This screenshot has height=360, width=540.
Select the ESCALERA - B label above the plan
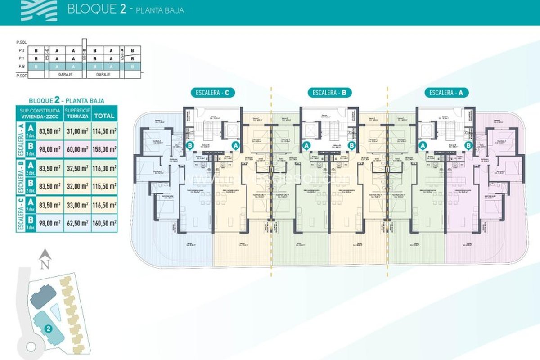coord(329,93)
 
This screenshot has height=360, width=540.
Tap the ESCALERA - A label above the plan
coord(446,93)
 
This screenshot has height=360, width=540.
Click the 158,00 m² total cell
coord(103,149)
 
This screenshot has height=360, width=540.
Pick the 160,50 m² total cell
coord(103,222)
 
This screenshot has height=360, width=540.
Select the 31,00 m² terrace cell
coord(76,131)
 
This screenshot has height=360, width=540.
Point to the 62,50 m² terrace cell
coord(76,222)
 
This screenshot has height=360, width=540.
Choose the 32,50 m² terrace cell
coord(76,168)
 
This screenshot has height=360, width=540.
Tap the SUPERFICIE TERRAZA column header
coord(76,113)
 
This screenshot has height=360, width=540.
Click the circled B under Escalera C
coord(190,145)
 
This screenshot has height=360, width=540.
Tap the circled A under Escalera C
coord(235,145)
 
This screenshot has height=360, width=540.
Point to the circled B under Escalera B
coord(352,145)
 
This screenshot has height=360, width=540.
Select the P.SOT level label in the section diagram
coord(21,75)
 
